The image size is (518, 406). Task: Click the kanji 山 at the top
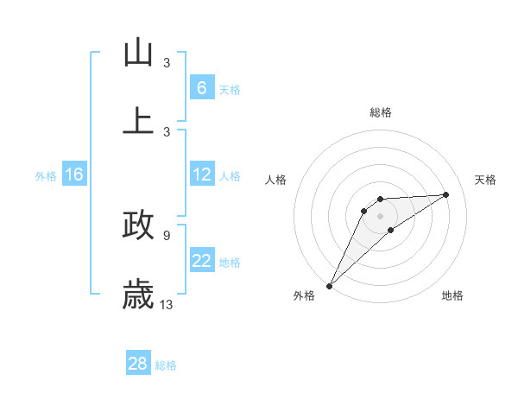coord(138,53)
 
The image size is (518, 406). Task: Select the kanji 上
coord(138,119)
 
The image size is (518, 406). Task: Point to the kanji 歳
coord(138,295)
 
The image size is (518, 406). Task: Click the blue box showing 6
coord(201,88)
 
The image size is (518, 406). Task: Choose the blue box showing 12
coord(201,174)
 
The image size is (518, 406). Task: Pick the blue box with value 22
coord(201,261)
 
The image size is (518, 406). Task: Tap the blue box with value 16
coord(73,174)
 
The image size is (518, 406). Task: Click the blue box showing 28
coord(137,364)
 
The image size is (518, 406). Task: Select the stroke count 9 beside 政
coord(166,235)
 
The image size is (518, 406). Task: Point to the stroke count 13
coord(167,304)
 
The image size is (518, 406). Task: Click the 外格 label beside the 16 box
coord(46,175)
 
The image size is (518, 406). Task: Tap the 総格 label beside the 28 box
coord(166,365)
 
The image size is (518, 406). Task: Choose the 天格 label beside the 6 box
coord(230,89)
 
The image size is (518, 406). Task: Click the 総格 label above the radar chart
coord(380,112)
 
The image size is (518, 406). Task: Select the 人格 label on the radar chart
coord(276,180)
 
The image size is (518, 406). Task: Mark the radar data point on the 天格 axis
coord(446,194)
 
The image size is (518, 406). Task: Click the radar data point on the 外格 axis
coord(329,285)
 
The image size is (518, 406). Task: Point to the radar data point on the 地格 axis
coord(391,230)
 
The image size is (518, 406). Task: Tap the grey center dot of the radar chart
coord(380,215)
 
